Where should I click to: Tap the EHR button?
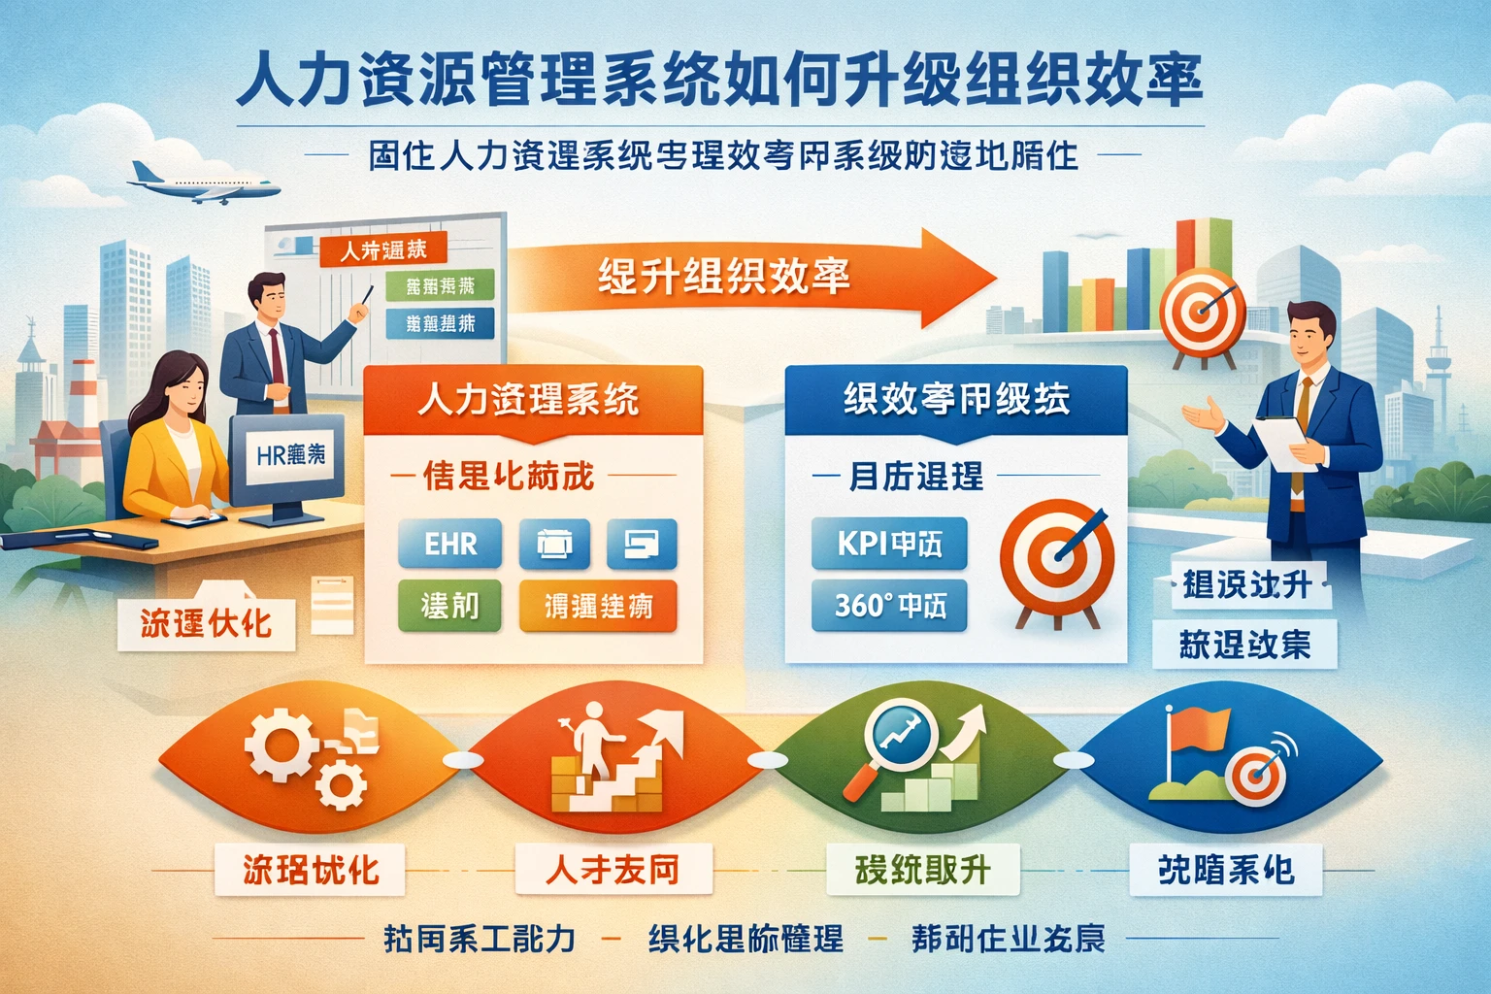tap(450, 544)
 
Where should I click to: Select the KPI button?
tap(889, 544)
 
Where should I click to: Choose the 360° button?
tap(889, 606)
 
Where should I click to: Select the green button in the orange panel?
tap(449, 606)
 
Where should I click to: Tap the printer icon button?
tap(554, 544)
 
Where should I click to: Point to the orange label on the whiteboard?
tap(382, 250)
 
